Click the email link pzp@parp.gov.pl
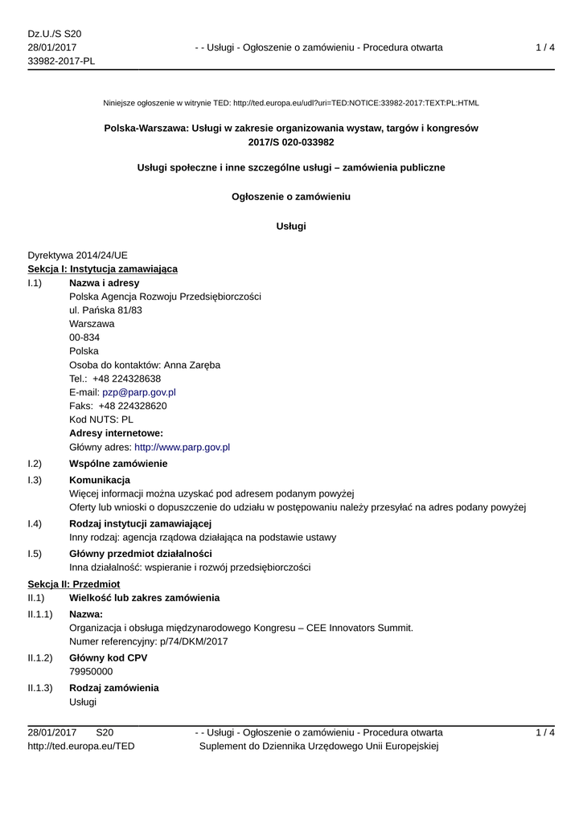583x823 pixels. [x=138, y=392]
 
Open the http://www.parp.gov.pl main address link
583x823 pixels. [x=182, y=447]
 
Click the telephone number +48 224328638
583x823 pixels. [x=126, y=379]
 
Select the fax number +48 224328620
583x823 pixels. [x=133, y=406]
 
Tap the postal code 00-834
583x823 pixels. [x=84, y=338]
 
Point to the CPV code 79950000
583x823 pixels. [x=91, y=671]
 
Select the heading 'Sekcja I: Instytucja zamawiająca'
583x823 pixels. [x=102, y=268]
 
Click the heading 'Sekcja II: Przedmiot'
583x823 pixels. [x=73, y=583]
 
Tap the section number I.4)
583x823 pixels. [x=35, y=524]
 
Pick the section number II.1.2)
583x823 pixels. [x=40, y=657]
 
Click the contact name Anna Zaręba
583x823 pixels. [x=191, y=365]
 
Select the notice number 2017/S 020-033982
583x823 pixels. [x=291, y=141]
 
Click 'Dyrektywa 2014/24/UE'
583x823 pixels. [x=77, y=255]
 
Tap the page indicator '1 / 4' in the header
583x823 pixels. [x=545, y=47]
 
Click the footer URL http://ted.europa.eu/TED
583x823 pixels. [x=81, y=746]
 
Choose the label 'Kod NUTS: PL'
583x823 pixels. [x=101, y=420]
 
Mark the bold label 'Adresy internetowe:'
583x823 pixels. [x=116, y=433]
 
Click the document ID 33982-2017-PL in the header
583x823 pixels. [x=61, y=61]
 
